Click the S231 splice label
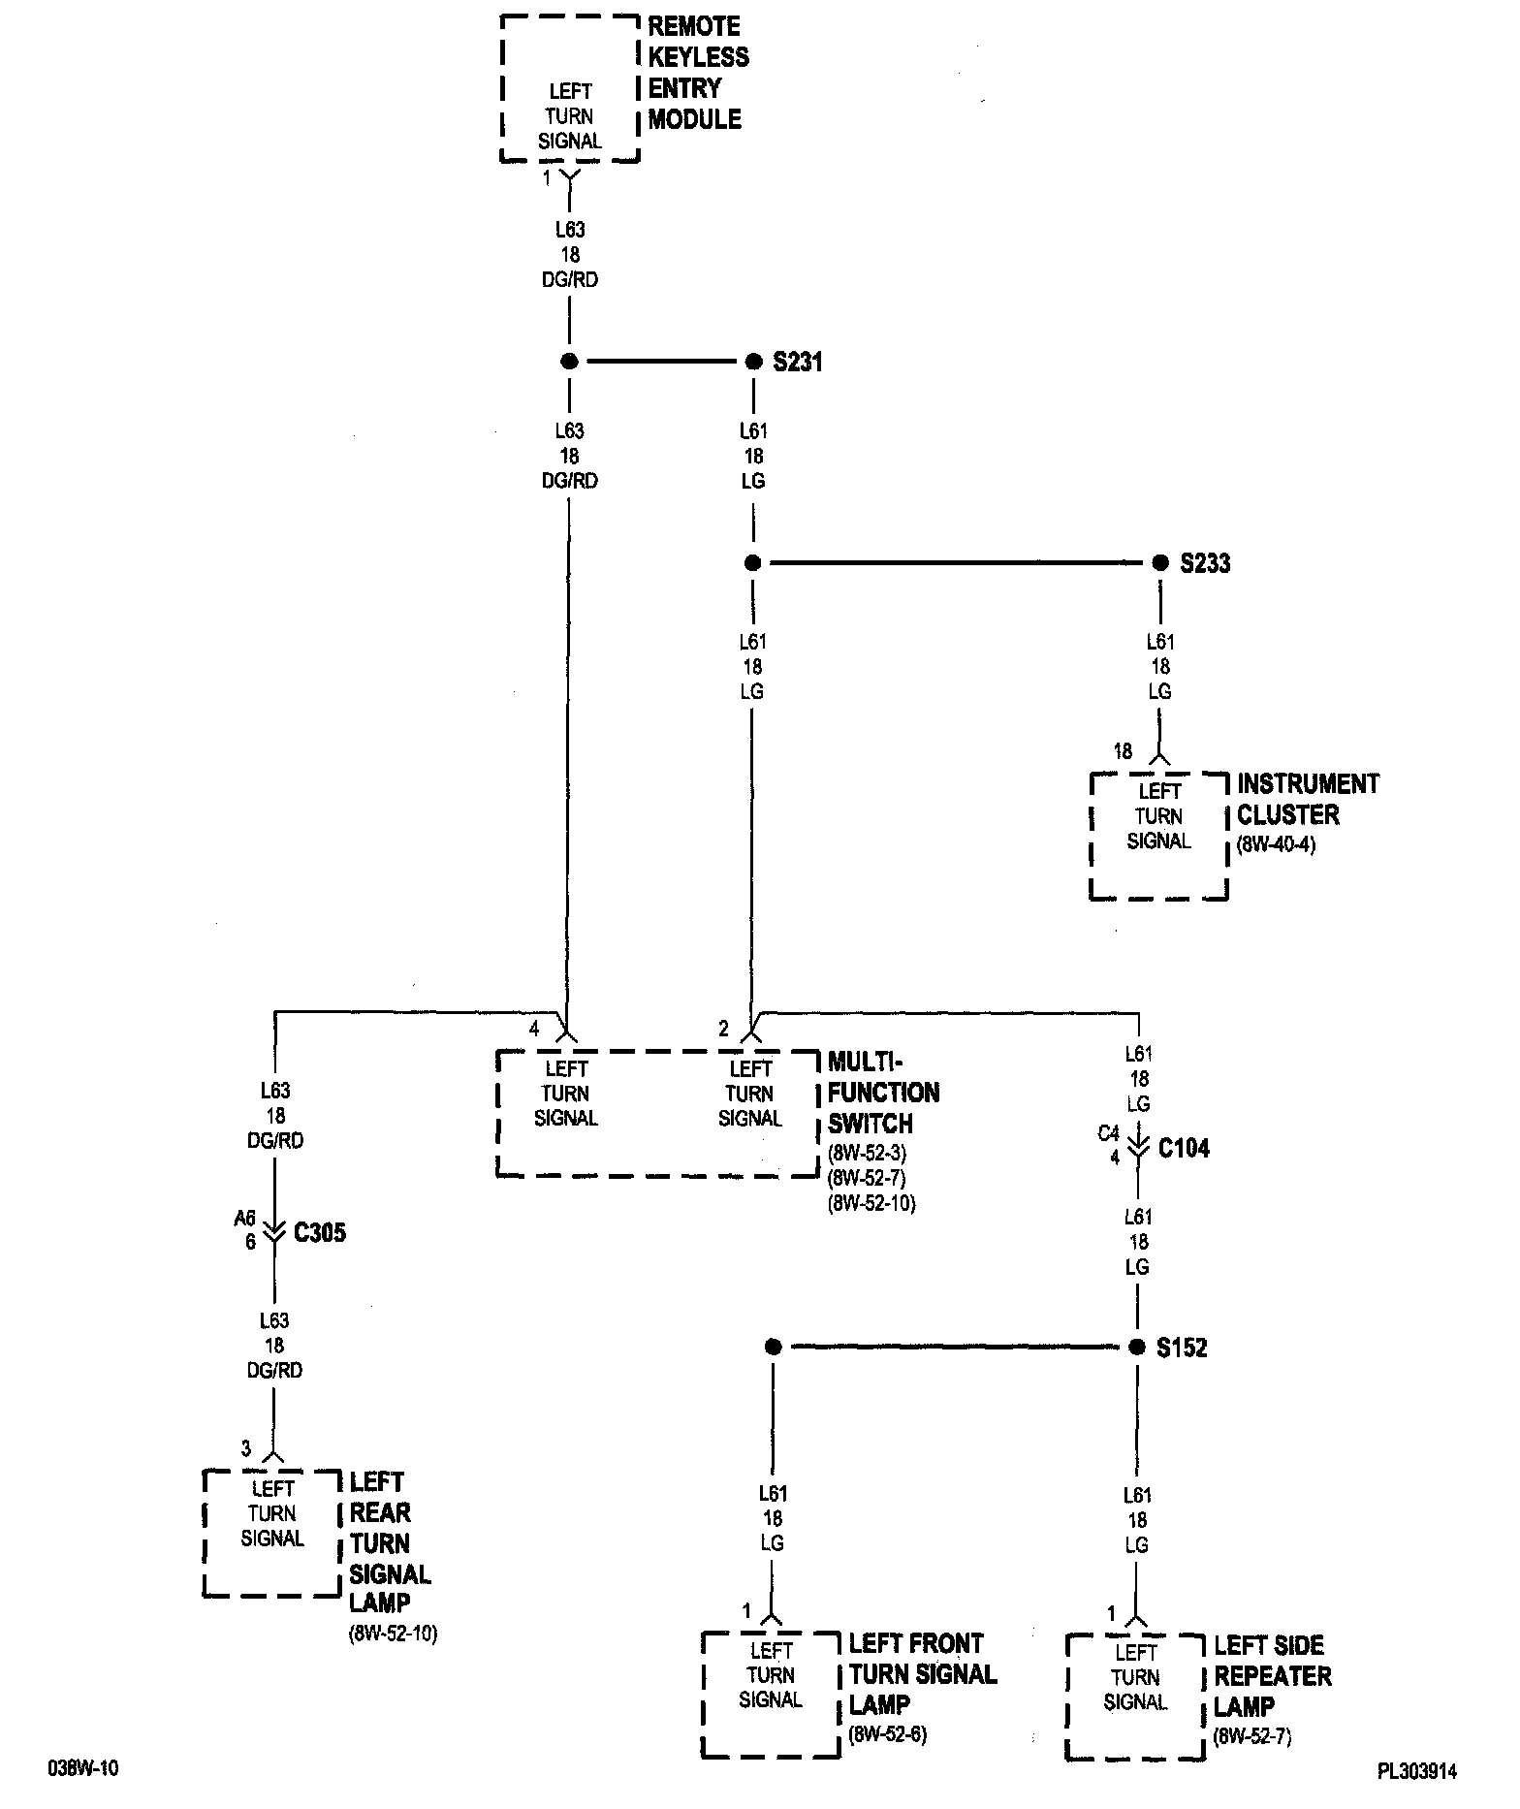[x=797, y=362]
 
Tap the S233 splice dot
[x=1159, y=563]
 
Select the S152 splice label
[x=1182, y=1348]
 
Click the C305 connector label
[x=319, y=1233]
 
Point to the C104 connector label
[x=1184, y=1149]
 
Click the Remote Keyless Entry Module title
[x=698, y=73]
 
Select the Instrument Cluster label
[x=1307, y=799]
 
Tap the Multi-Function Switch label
[x=883, y=1093]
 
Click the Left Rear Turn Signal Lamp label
[x=390, y=1541]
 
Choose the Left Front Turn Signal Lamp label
[x=922, y=1673]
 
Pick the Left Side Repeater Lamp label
[x=1272, y=1675]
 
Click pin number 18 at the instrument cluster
[x=1123, y=751]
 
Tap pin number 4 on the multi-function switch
[x=534, y=1029]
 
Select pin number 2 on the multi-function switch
[x=723, y=1029]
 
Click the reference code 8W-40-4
[x=1276, y=844]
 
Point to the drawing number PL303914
[x=1416, y=1771]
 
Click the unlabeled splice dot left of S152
[x=773, y=1347]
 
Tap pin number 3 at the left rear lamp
[x=246, y=1448]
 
